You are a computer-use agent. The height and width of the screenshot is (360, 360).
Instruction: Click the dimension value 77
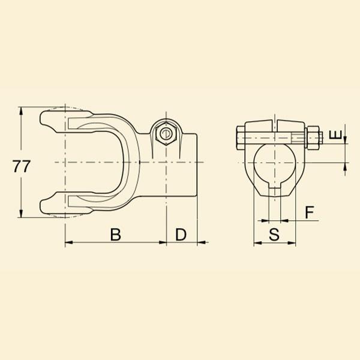pos(22,166)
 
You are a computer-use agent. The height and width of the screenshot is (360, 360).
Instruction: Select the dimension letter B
pos(115,235)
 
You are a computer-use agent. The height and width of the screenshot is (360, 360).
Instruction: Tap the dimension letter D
pos(181,235)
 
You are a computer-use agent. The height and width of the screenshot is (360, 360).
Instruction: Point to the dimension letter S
pos(274,235)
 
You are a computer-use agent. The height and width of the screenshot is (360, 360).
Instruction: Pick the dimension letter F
pos(310,212)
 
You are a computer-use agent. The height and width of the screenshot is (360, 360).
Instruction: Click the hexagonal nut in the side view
pos(166,134)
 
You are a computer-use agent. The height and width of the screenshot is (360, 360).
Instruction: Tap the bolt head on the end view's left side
pos(240,138)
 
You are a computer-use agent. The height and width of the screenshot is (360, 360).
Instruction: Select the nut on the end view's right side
pos(313,138)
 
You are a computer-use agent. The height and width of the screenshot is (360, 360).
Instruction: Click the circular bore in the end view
pos(275,163)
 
